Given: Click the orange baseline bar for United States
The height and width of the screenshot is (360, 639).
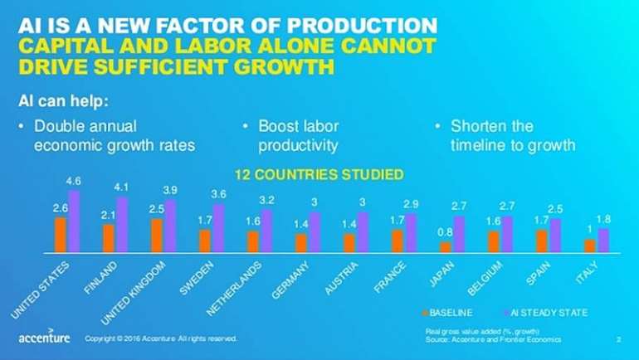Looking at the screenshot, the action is tap(61, 235).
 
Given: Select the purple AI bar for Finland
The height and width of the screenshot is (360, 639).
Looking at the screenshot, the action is tap(122, 225).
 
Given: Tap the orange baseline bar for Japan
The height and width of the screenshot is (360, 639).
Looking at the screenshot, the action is tap(446, 247).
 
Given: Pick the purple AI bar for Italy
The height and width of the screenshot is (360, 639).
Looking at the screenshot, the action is tap(603, 241).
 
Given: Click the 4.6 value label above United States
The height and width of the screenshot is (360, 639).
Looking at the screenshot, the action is tap(73, 181).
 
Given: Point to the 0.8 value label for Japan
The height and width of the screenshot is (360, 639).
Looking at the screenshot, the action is tap(445, 232).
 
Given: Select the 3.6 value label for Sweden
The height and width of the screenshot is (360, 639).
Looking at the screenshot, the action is tap(218, 194).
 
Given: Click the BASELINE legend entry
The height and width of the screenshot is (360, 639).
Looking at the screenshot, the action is tap(447, 313).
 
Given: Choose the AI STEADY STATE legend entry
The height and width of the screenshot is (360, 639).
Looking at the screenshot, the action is tap(546, 313).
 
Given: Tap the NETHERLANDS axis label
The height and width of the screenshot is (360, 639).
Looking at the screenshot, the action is tap(234, 289).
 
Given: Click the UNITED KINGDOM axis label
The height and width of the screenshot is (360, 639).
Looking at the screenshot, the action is tap(134, 293).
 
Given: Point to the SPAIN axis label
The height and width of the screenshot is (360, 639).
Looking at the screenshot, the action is tap(539, 273).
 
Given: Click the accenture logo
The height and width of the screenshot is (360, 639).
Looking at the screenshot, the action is tap(44, 337).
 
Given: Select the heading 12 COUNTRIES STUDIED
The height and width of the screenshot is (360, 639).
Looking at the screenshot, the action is tap(319, 175).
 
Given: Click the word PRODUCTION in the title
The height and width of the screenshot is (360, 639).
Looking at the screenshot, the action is tap(362, 26).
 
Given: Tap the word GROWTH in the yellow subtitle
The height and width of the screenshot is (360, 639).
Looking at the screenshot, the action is tap(284, 67).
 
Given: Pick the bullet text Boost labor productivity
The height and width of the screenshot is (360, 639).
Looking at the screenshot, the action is tap(298, 135).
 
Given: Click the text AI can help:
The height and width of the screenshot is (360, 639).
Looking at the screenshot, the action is tap(64, 100).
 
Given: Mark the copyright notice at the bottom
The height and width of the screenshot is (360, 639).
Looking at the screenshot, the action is tap(161, 338).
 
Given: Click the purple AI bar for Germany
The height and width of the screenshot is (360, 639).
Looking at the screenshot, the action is tap(315, 232).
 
